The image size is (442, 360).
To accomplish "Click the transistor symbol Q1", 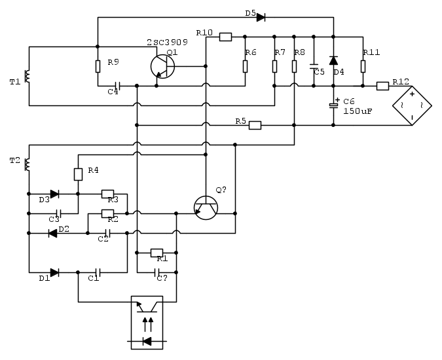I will tap(162, 66).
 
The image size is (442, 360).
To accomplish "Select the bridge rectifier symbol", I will tap(411, 104).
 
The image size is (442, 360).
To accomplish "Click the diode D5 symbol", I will tap(261, 17).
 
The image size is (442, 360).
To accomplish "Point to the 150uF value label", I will tap(358, 111).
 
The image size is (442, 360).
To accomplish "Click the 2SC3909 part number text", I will tap(166, 42).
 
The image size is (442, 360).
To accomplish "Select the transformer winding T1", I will tap(28, 77).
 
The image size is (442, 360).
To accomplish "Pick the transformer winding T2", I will tap(28, 164).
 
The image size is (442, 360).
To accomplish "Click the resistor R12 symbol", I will tap(383, 85).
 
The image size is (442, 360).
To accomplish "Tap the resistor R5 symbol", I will tap(255, 125).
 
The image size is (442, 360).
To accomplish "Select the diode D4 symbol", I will tap(333, 61).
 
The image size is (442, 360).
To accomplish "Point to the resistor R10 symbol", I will tap(225, 37).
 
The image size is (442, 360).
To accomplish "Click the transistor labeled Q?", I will tap(206, 207).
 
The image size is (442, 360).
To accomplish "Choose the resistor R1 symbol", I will tap(157, 252).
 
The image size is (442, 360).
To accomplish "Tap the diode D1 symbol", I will tap(54, 272).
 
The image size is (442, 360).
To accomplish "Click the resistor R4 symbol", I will tap(78, 174).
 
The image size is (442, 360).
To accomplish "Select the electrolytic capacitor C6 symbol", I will tap(333, 105).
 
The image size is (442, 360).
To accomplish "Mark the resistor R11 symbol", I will tap(363, 66).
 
